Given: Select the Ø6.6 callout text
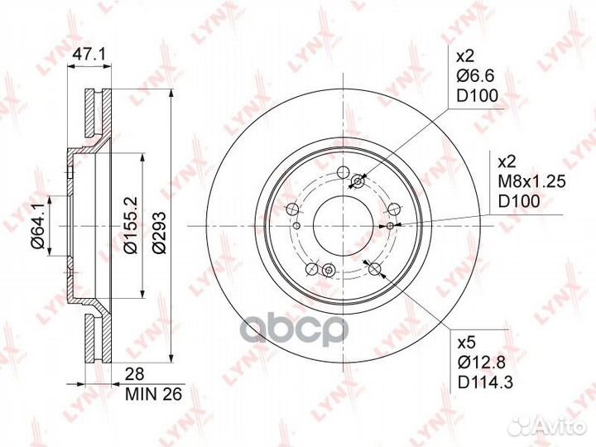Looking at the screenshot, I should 478,77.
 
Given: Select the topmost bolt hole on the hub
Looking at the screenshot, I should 340,172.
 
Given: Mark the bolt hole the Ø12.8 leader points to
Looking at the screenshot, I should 374,268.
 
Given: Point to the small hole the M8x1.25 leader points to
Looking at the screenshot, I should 391,224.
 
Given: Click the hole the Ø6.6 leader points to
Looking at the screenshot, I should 358,182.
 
